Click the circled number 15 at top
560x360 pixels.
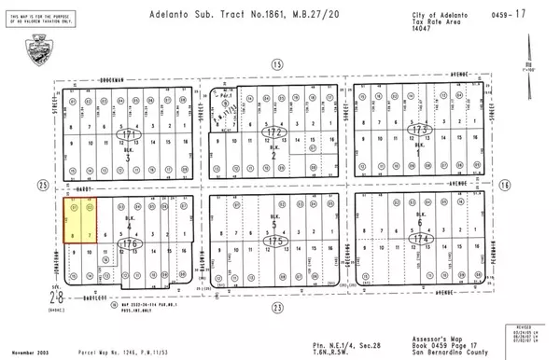click(x=275, y=63)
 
